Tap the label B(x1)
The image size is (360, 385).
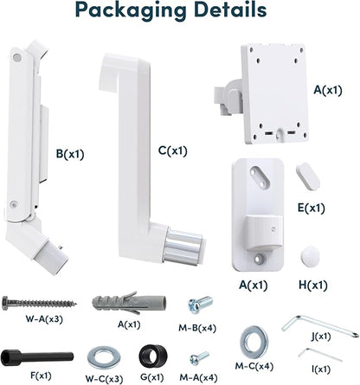[70, 154]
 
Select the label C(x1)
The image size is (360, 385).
[173, 151]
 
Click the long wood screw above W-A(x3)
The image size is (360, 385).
[39, 304]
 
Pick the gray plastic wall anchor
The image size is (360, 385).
[129, 303]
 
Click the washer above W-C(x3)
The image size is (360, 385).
[104, 358]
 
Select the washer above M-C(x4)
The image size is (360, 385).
[254, 343]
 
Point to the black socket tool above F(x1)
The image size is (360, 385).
[37, 357]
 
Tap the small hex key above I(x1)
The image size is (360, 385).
[319, 355]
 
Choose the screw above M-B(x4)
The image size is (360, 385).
[200, 305]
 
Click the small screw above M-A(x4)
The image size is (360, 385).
[199, 358]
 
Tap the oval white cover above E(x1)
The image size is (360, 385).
[308, 176]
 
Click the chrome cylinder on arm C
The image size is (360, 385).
[183, 247]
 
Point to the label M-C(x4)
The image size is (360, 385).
[254, 366]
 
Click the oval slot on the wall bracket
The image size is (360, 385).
[260, 176]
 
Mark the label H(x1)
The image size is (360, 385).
[313, 286]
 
